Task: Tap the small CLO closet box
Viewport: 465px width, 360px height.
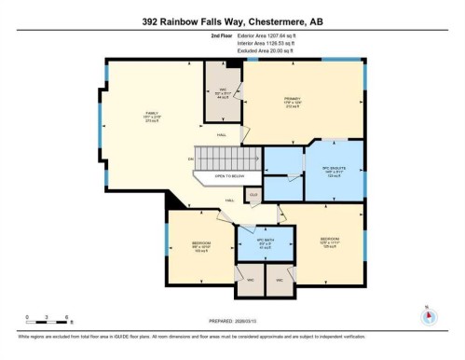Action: [x=253, y=196]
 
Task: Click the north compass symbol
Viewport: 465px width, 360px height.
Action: [x=428, y=316]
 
